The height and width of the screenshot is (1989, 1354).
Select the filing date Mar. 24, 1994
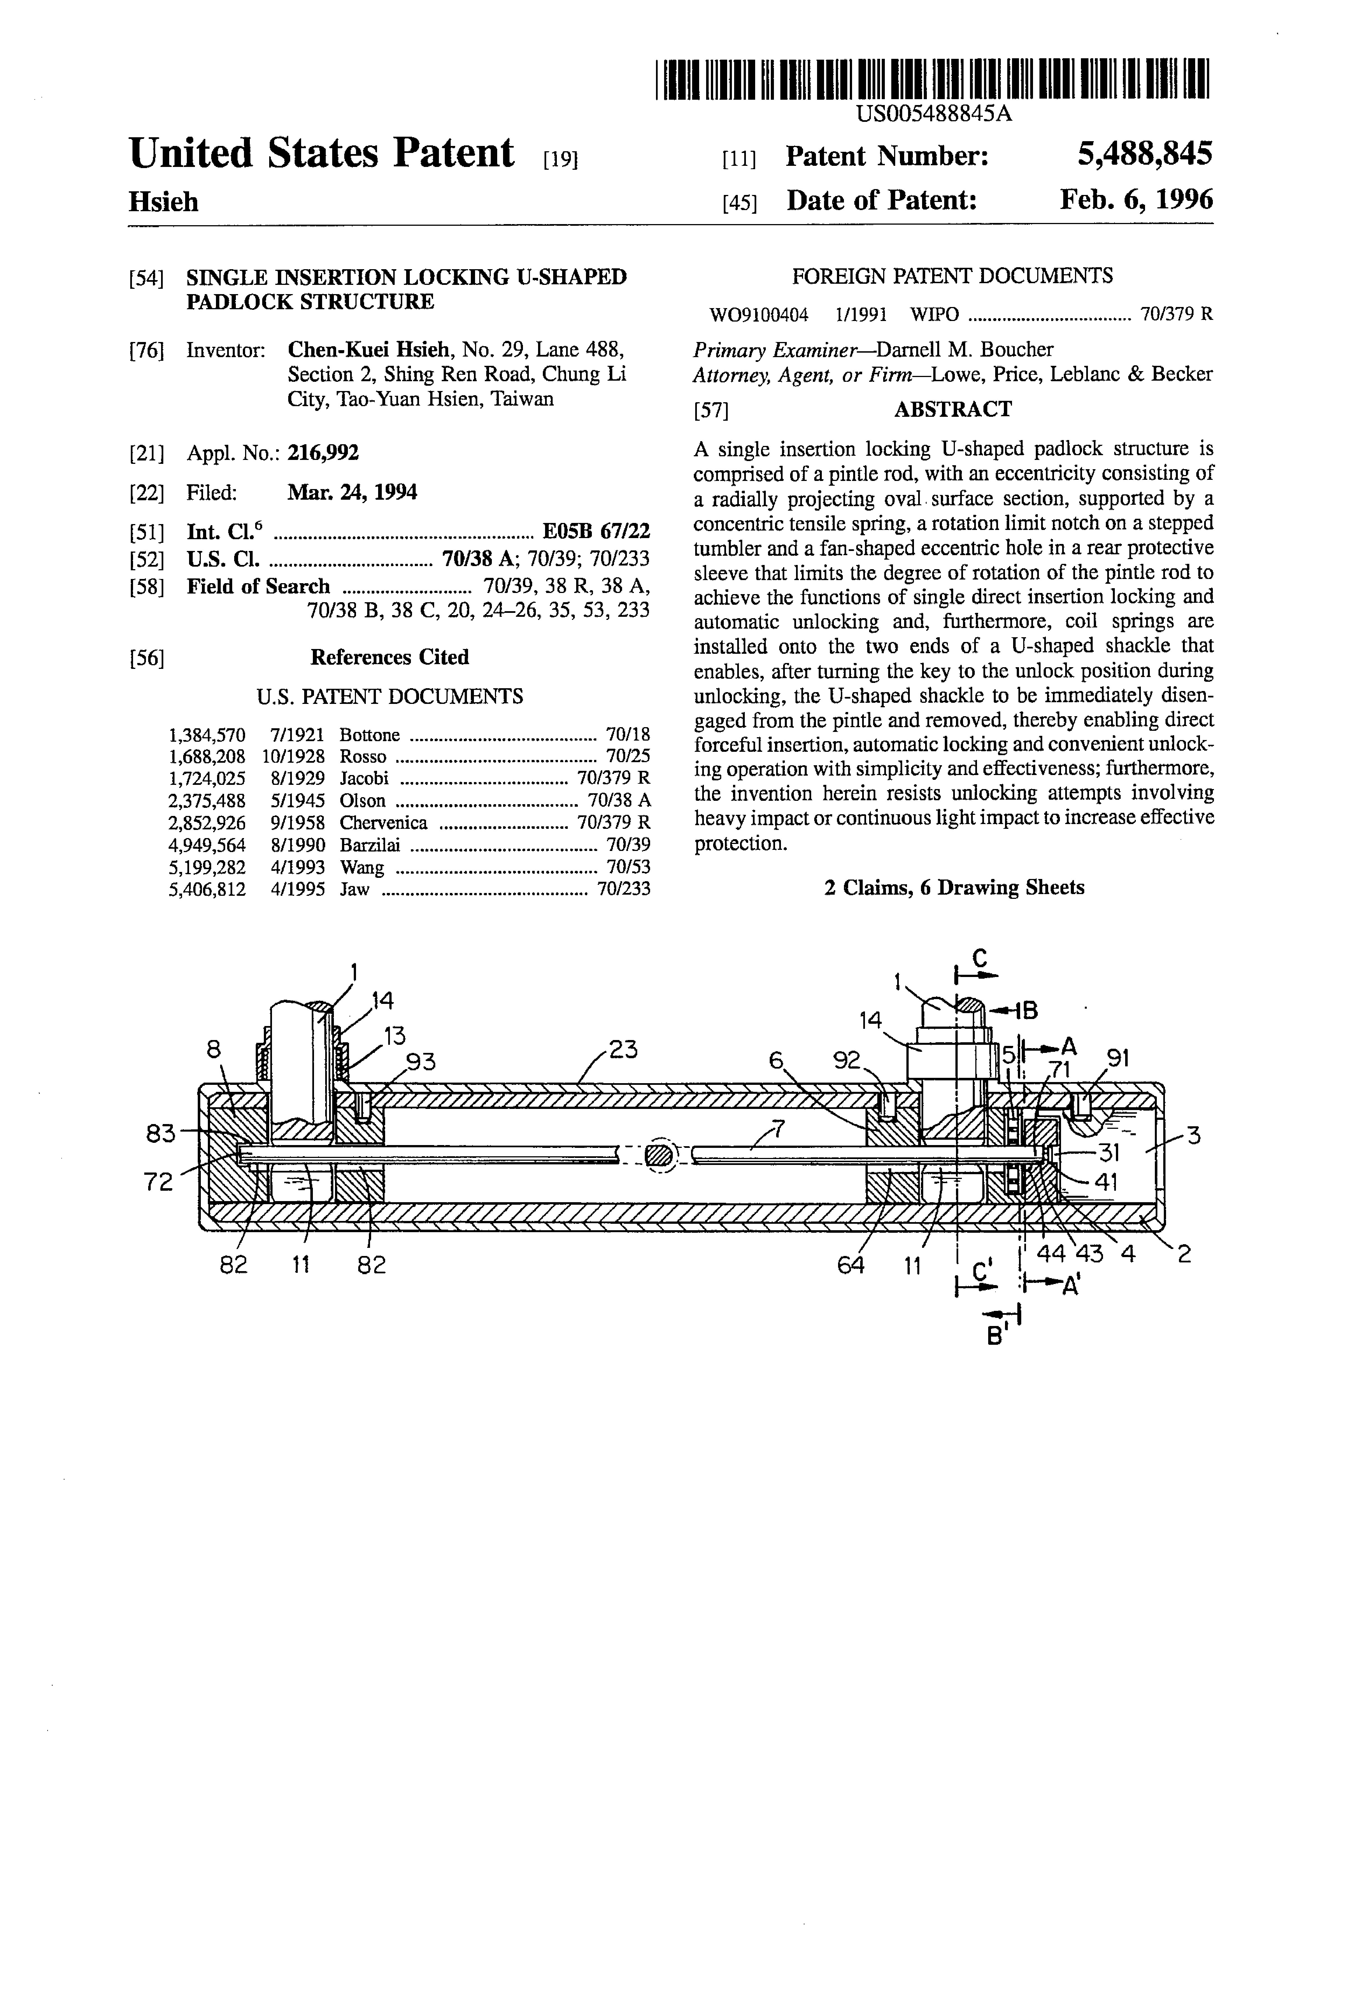tap(352, 492)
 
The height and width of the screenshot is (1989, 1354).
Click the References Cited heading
tap(389, 657)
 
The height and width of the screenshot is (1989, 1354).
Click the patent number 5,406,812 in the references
tap(207, 889)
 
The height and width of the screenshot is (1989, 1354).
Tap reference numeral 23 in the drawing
tap(623, 1049)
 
